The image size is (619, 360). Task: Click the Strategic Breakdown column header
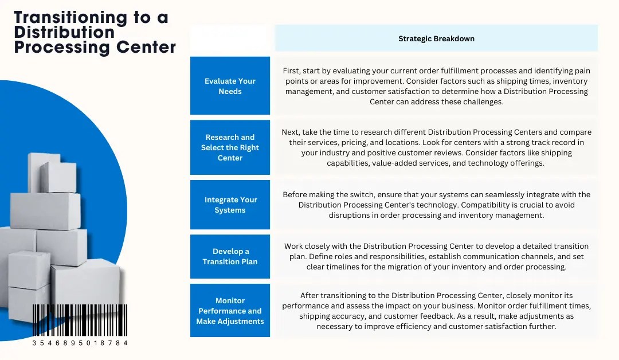coord(436,39)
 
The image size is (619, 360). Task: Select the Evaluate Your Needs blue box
coord(230,86)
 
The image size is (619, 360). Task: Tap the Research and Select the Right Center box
coord(230,147)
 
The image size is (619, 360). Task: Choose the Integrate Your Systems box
coord(230,205)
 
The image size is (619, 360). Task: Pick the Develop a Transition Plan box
coord(230,256)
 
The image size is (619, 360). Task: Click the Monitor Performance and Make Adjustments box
coord(230,311)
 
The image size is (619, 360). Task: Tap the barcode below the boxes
coord(80,320)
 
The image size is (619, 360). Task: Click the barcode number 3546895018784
coord(80,343)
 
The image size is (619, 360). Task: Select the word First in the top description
coord(292,71)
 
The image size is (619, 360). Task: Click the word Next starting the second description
coord(291,132)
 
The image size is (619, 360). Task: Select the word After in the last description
coord(310,295)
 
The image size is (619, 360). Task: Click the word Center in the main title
coord(146,47)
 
